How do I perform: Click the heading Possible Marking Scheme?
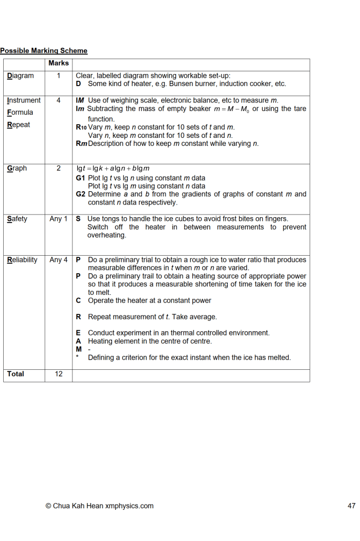tap(44, 51)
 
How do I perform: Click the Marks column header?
tap(58, 63)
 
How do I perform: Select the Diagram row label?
tap(20, 76)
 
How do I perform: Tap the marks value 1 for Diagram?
tap(59, 76)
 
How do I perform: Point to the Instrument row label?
tap(23, 100)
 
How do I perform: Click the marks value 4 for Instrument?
tap(59, 100)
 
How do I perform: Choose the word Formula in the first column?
tap(20, 113)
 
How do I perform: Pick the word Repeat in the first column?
tap(19, 125)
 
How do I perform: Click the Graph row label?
tap(17, 169)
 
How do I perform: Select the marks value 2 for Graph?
tap(59, 169)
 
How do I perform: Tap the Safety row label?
tap(17, 219)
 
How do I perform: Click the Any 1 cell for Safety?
tap(59, 219)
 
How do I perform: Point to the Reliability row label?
tap(22, 260)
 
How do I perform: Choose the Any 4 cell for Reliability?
tap(59, 260)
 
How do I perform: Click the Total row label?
tap(15, 374)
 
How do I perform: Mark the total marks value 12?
tap(59, 374)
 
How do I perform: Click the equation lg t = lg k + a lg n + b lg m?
tap(113, 169)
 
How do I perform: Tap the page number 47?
tap(352, 506)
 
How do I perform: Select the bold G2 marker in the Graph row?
tap(81, 194)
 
